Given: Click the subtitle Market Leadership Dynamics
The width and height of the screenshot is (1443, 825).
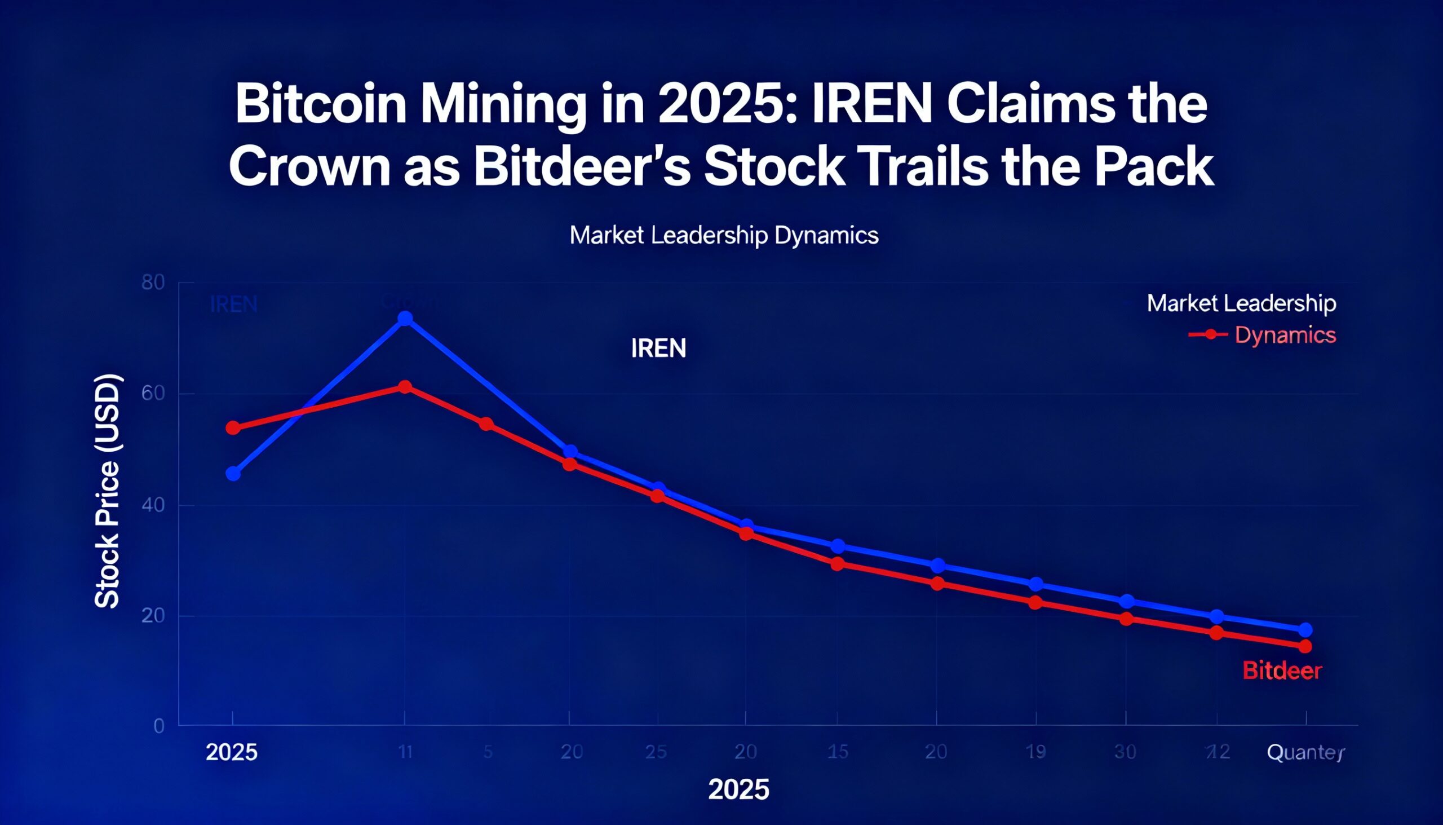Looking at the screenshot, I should [724, 235].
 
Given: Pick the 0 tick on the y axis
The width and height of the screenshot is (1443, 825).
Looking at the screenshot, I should [159, 726].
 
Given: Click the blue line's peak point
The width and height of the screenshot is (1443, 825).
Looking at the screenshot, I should [405, 319].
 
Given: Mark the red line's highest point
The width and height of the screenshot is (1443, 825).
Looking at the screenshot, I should [405, 387].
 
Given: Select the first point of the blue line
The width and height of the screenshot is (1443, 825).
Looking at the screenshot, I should [233, 474].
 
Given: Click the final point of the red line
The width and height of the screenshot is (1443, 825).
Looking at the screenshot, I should [1305, 646].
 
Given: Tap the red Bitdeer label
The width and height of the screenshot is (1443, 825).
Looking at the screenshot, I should [1282, 672].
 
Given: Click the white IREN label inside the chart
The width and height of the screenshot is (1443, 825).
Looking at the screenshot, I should [658, 348].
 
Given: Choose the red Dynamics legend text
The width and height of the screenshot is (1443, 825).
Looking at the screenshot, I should [1285, 335].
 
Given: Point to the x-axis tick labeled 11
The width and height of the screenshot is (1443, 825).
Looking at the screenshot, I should [405, 752].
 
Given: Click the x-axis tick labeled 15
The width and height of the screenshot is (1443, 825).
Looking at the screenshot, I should [838, 752].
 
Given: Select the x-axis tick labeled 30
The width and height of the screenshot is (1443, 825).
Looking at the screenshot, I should [1125, 752].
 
